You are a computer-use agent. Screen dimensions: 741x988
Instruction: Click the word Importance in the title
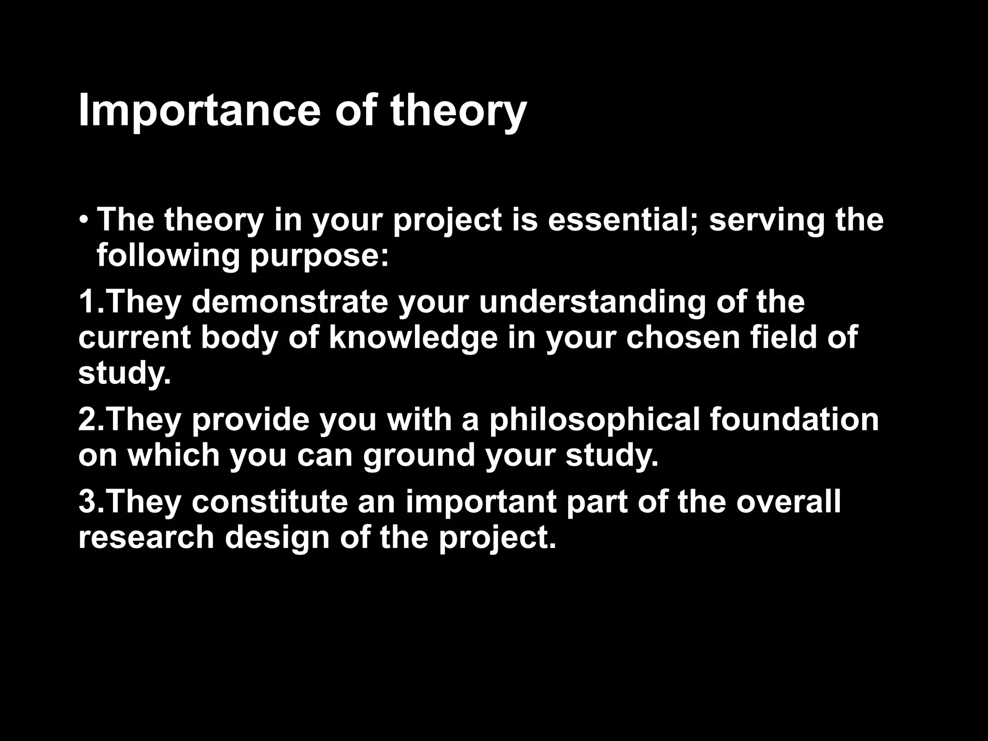199,112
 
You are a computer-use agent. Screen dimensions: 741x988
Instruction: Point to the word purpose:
319,257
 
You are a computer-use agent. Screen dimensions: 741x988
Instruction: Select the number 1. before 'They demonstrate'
90,302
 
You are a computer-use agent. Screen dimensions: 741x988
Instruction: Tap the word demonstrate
290,302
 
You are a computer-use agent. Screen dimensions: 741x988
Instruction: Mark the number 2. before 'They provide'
90,419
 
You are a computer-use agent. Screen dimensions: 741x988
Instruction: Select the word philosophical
594,420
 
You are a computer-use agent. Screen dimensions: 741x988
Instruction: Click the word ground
419,456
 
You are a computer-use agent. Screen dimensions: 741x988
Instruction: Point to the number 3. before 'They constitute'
90,502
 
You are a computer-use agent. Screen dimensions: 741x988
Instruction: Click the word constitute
270,502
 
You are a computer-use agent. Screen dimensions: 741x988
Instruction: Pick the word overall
788,502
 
